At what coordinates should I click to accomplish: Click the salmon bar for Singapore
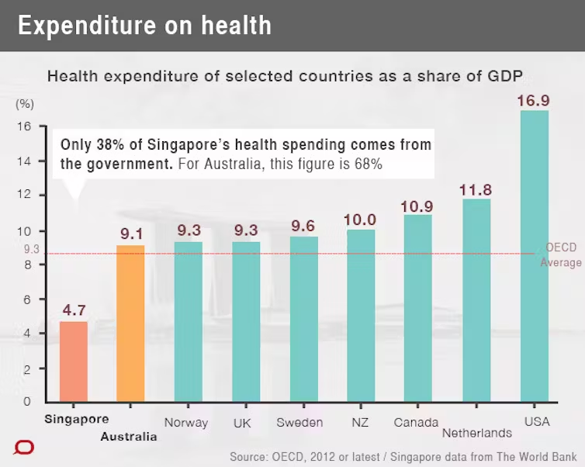click(x=74, y=361)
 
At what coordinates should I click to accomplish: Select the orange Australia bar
click(x=130, y=323)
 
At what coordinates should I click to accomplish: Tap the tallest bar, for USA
click(x=534, y=256)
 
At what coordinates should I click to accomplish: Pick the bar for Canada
click(x=418, y=308)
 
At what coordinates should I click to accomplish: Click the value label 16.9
click(x=534, y=101)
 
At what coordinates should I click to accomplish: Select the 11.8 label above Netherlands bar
click(x=476, y=189)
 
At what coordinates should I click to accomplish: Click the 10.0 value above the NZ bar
click(x=360, y=220)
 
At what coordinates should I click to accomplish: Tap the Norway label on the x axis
click(x=186, y=423)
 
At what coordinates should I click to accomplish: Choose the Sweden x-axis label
click(x=299, y=423)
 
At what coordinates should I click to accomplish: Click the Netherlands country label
click(x=476, y=433)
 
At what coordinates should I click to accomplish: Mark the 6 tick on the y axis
click(x=26, y=299)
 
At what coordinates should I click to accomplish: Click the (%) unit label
click(x=25, y=104)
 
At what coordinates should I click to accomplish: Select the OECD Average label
click(x=561, y=255)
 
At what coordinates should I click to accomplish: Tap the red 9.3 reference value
click(x=32, y=250)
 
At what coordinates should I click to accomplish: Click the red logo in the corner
click(x=24, y=448)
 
